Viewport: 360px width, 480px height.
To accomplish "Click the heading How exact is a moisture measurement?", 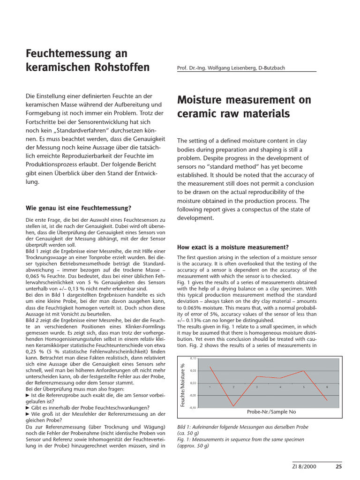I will coord(232,247).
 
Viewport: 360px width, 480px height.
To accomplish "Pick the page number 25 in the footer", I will coord(339,466).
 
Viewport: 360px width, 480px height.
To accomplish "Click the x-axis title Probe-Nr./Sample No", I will coord(271,412).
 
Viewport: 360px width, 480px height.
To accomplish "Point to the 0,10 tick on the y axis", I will coord(193,359).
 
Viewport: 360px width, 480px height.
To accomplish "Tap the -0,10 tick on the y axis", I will coord(193,407).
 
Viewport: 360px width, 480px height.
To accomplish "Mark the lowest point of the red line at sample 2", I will coord(233,406).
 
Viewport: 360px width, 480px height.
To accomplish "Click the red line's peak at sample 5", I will coord(304,371).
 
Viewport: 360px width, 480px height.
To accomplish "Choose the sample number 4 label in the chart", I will coord(280,387).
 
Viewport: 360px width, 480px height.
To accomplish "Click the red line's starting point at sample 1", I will coord(210,367).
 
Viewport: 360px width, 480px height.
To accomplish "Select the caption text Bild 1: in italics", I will coord(185,427).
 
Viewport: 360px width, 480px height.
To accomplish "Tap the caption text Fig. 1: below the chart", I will coord(185,440).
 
